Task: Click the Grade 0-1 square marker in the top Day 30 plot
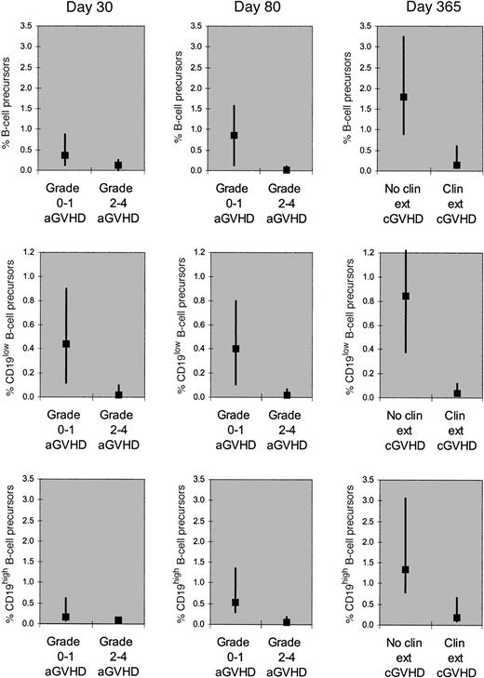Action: click(x=65, y=155)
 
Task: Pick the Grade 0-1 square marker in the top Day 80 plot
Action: click(x=235, y=136)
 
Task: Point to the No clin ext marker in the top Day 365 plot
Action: click(x=404, y=97)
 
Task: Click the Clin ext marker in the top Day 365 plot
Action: click(x=457, y=165)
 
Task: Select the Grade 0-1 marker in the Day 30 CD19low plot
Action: click(x=65, y=344)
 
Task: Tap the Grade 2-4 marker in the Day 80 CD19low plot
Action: click(x=288, y=394)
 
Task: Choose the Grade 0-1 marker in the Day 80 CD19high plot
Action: click(x=235, y=603)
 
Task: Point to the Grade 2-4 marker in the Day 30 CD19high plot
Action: click(x=118, y=620)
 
